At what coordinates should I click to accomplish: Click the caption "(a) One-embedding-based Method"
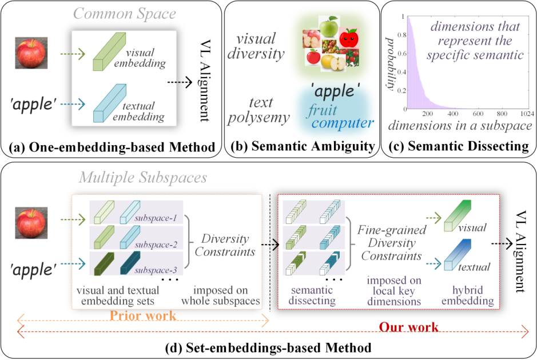click(112, 147)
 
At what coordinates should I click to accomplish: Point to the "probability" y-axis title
click(391, 63)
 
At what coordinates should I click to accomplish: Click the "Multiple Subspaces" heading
click(142, 177)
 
